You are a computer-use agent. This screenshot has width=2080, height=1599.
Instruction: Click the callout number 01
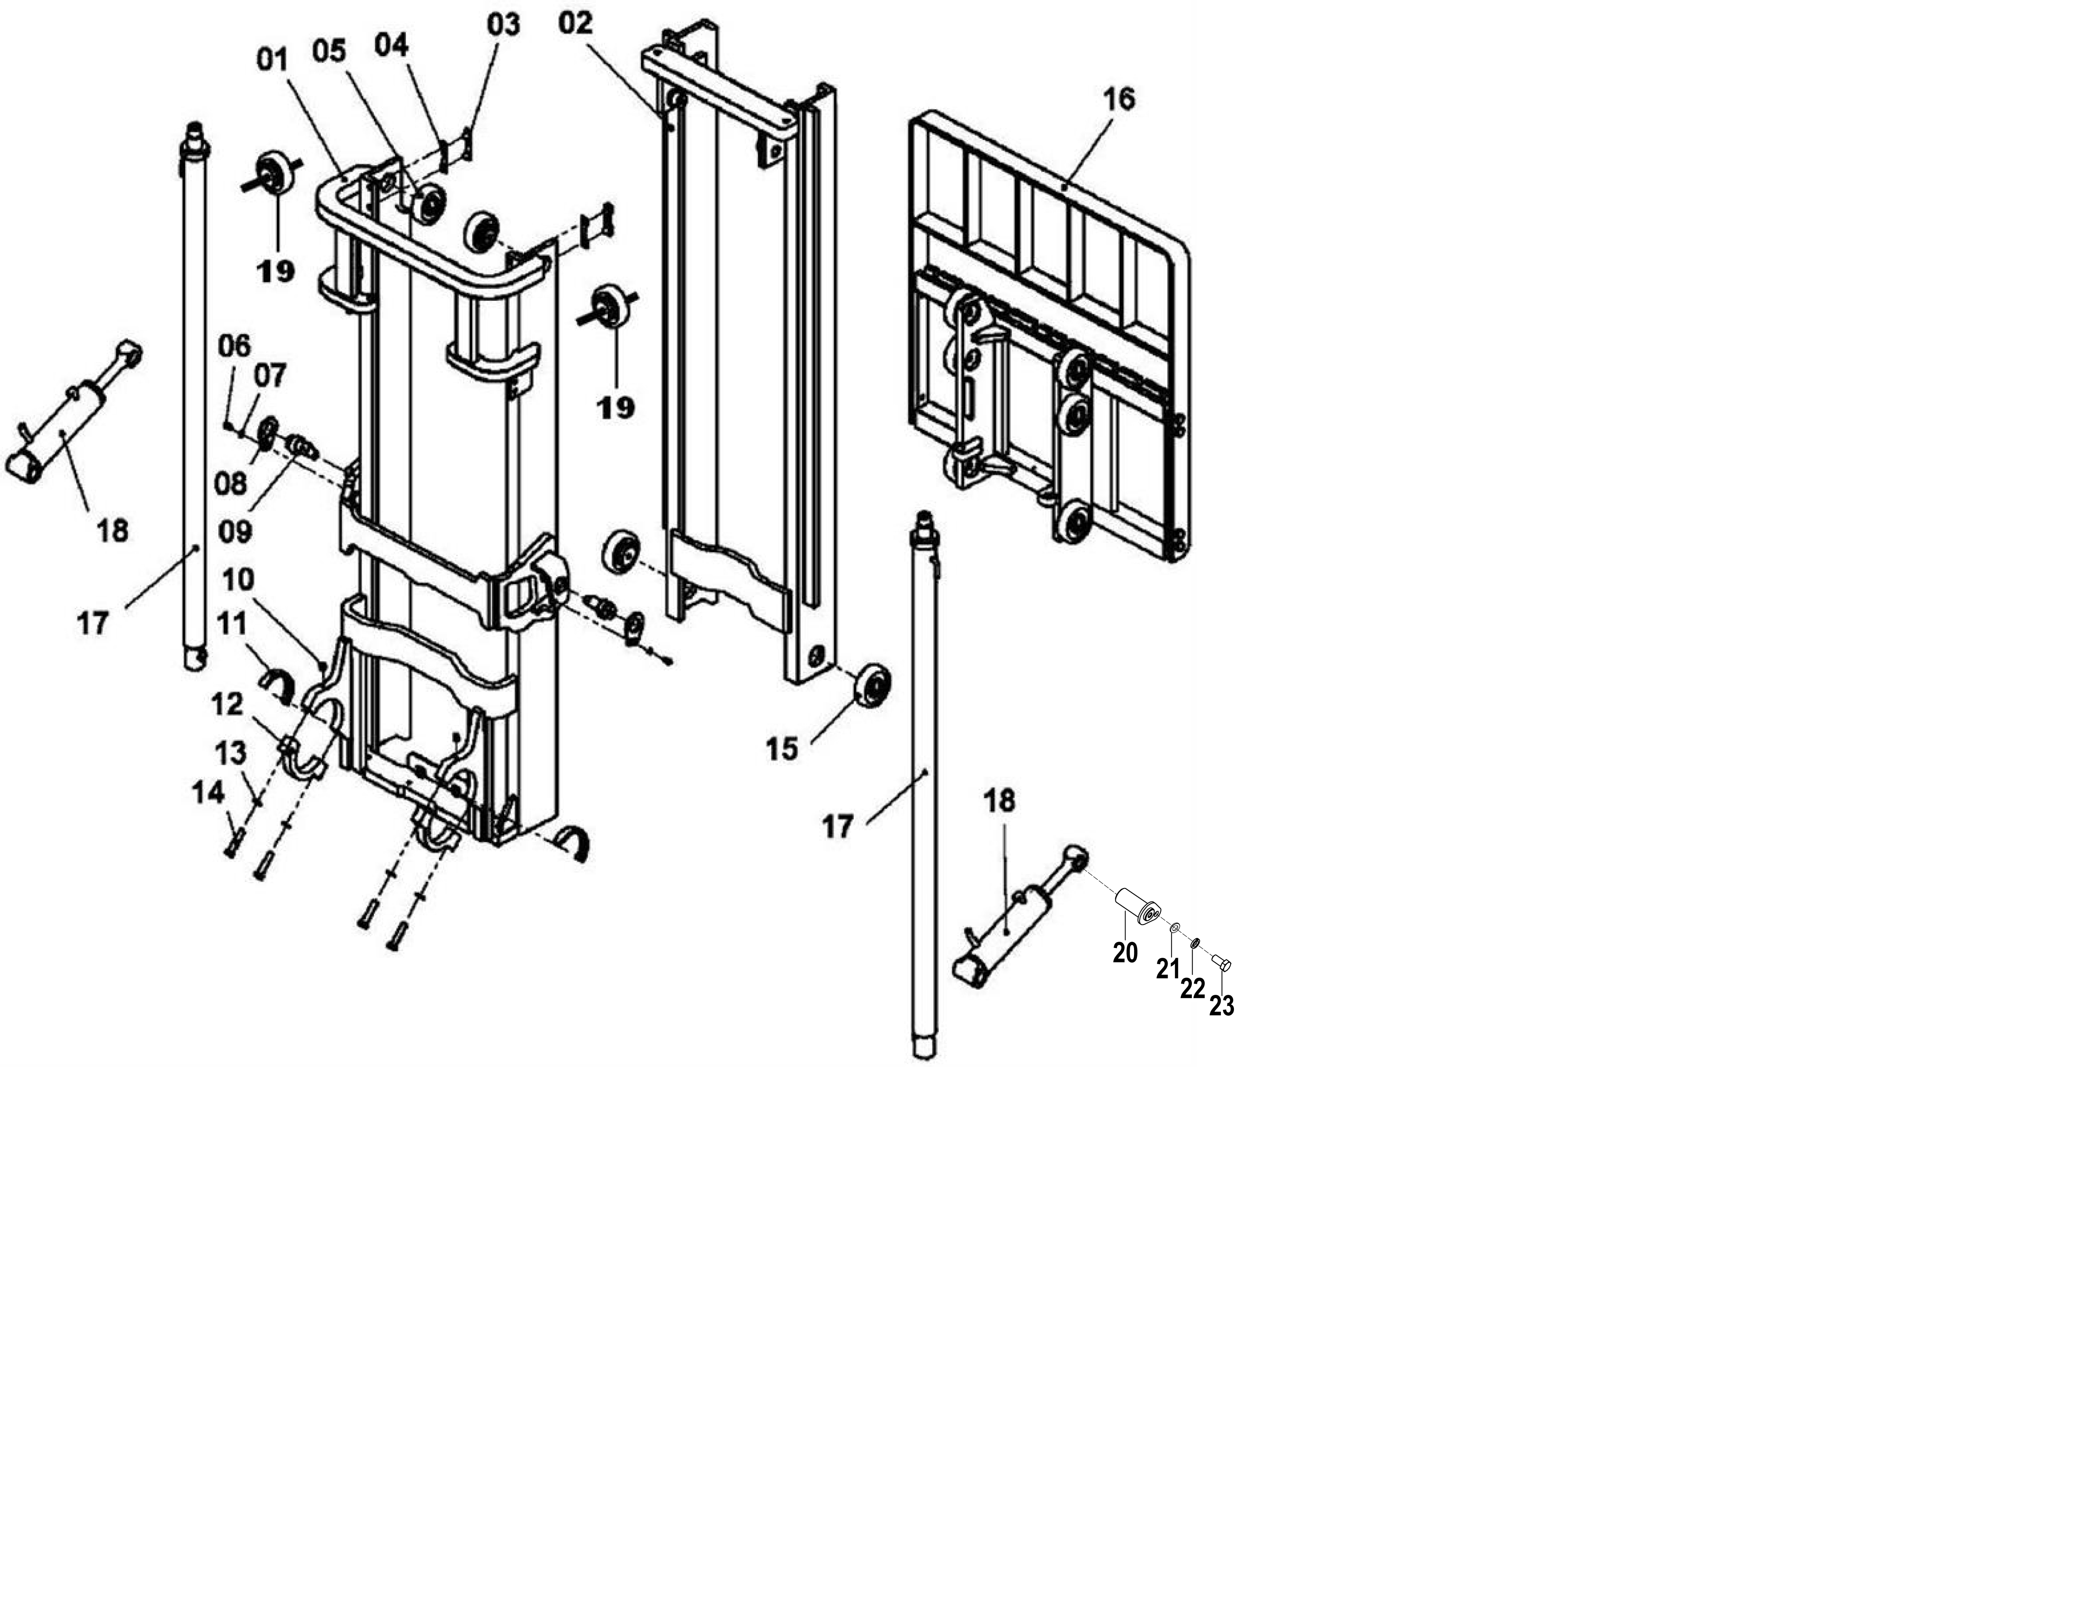272,59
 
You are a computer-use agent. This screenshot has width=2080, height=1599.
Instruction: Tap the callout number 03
503,24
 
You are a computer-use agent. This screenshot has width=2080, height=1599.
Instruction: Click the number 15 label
782,749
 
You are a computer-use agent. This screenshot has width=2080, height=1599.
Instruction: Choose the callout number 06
234,345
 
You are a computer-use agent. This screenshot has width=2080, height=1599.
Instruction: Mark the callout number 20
1125,952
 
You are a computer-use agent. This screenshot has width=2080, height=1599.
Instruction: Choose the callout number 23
1222,1005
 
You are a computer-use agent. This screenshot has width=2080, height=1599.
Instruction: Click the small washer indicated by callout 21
1175,927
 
